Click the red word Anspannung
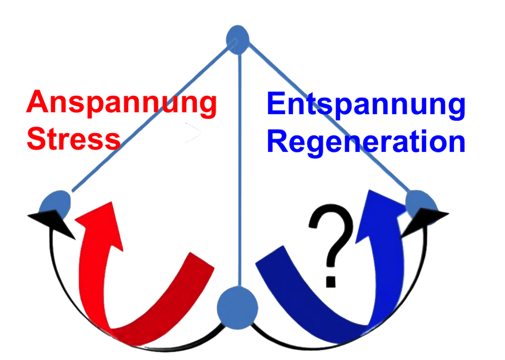coord(122,103)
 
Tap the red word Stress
coord(73,139)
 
